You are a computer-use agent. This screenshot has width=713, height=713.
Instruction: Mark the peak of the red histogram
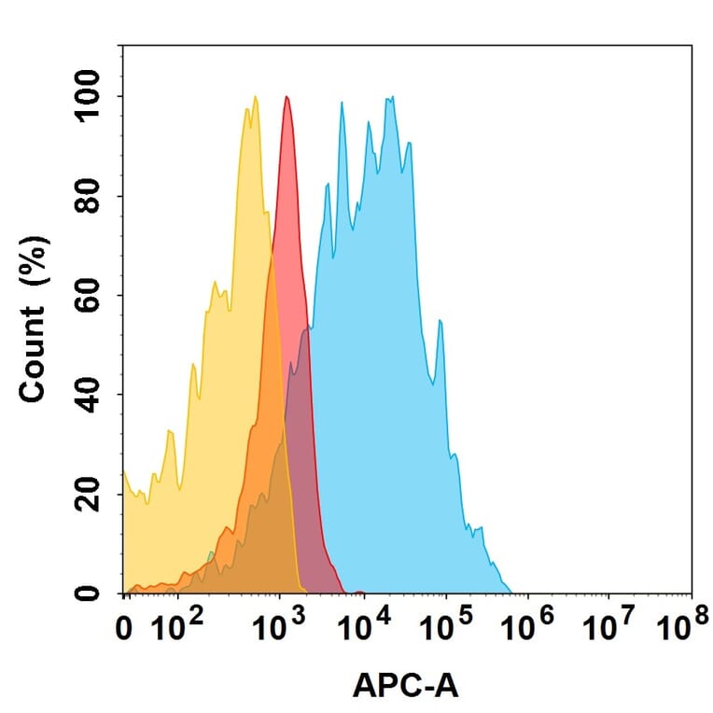click(x=287, y=96)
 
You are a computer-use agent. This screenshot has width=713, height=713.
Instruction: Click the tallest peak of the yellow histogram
click(x=255, y=96)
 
